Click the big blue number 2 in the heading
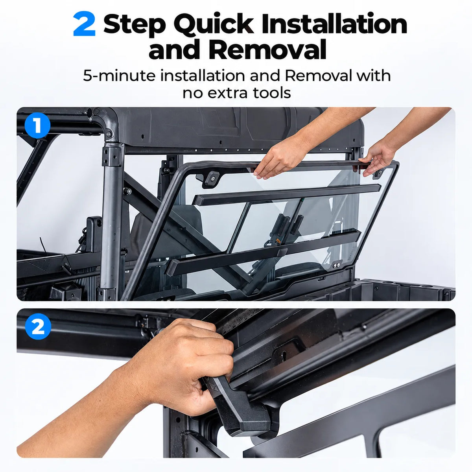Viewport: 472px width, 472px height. click(x=84, y=24)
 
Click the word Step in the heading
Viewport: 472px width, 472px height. click(x=135, y=25)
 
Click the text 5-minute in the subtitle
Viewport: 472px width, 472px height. click(x=120, y=76)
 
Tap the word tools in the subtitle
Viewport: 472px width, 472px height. click(x=272, y=93)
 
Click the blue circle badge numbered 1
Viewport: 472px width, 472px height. click(x=37, y=125)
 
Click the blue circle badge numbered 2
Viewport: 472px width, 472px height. click(x=38, y=326)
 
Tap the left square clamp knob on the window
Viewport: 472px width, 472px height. click(x=212, y=179)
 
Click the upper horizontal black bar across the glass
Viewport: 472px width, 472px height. click(x=287, y=194)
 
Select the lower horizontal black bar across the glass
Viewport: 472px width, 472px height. click(x=263, y=252)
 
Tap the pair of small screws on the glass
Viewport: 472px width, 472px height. click(x=336, y=265)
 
